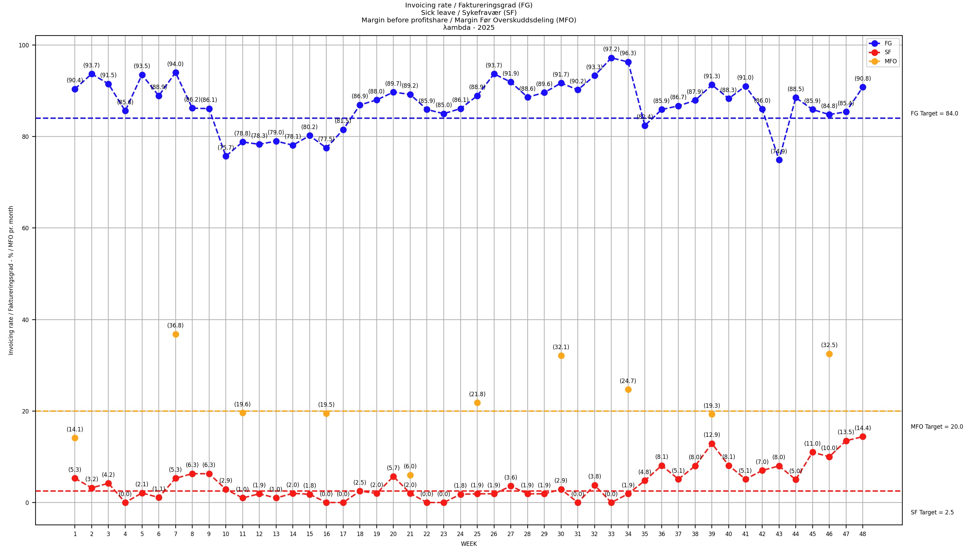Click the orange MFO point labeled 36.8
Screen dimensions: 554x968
(176, 335)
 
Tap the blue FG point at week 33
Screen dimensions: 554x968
(611, 58)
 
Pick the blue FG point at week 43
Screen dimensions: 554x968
(779, 160)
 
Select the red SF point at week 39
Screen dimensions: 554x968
(712, 444)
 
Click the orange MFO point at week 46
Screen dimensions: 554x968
(829, 354)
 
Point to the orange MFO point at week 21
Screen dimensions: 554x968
(410, 475)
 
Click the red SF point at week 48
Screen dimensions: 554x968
(863, 437)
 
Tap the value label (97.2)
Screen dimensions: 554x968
(611, 49)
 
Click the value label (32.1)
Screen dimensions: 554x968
(561, 347)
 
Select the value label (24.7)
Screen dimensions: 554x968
(628, 381)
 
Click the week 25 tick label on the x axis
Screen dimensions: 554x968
(477, 534)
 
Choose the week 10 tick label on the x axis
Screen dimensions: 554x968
(226, 534)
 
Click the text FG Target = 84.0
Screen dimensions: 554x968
(934, 114)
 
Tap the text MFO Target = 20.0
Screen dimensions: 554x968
(937, 427)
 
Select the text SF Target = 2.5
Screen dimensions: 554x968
(932, 513)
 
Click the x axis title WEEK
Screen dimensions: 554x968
(469, 544)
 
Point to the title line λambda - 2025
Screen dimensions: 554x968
(469, 28)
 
